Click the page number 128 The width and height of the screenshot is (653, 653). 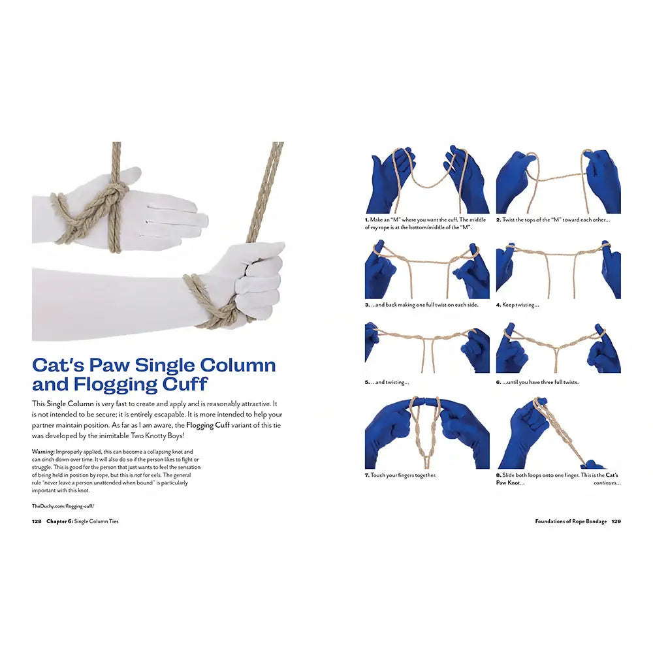pyautogui.click(x=37, y=522)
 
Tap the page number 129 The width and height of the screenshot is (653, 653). pyautogui.click(x=616, y=522)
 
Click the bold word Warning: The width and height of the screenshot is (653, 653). pyautogui.click(x=43, y=452)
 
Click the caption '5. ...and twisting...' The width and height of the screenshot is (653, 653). pyautogui.click(x=387, y=382)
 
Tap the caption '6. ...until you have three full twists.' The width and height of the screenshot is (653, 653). pyautogui.click(x=537, y=382)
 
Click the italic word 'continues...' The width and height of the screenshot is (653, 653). pyautogui.click(x=607, y=483)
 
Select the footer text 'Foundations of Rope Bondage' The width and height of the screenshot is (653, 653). pyautogui.click(x=571, y=522)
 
